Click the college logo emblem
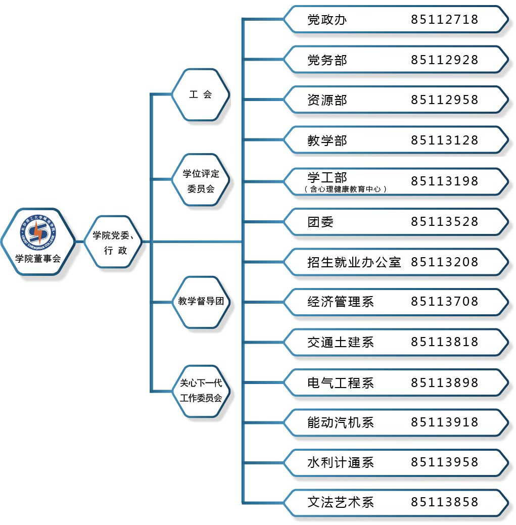[x=38, y=231]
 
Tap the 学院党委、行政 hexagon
[x=113, y=242]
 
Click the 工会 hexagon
[x=201, y=94]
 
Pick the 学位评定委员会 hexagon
[x=201, y=181]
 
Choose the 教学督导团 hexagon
[x=201, y=302]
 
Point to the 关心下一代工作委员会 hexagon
[x=201, y=390]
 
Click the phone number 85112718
[x=444, y=20]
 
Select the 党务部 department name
[x=327, y=60]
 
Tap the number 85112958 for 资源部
[x=444, y=100]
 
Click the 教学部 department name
[x=327, y=140]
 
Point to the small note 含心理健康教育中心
[x=346, y=189]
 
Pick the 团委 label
[x=320, y=222]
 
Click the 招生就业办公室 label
[x=354, y=262]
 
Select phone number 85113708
[x=444, y=302]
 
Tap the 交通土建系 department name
[x=340, y=342]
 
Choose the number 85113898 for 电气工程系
[x=444, y=383]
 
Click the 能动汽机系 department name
[x=340, y=422]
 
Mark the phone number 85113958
[x=444, y=462]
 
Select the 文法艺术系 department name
[x=340, y=502]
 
